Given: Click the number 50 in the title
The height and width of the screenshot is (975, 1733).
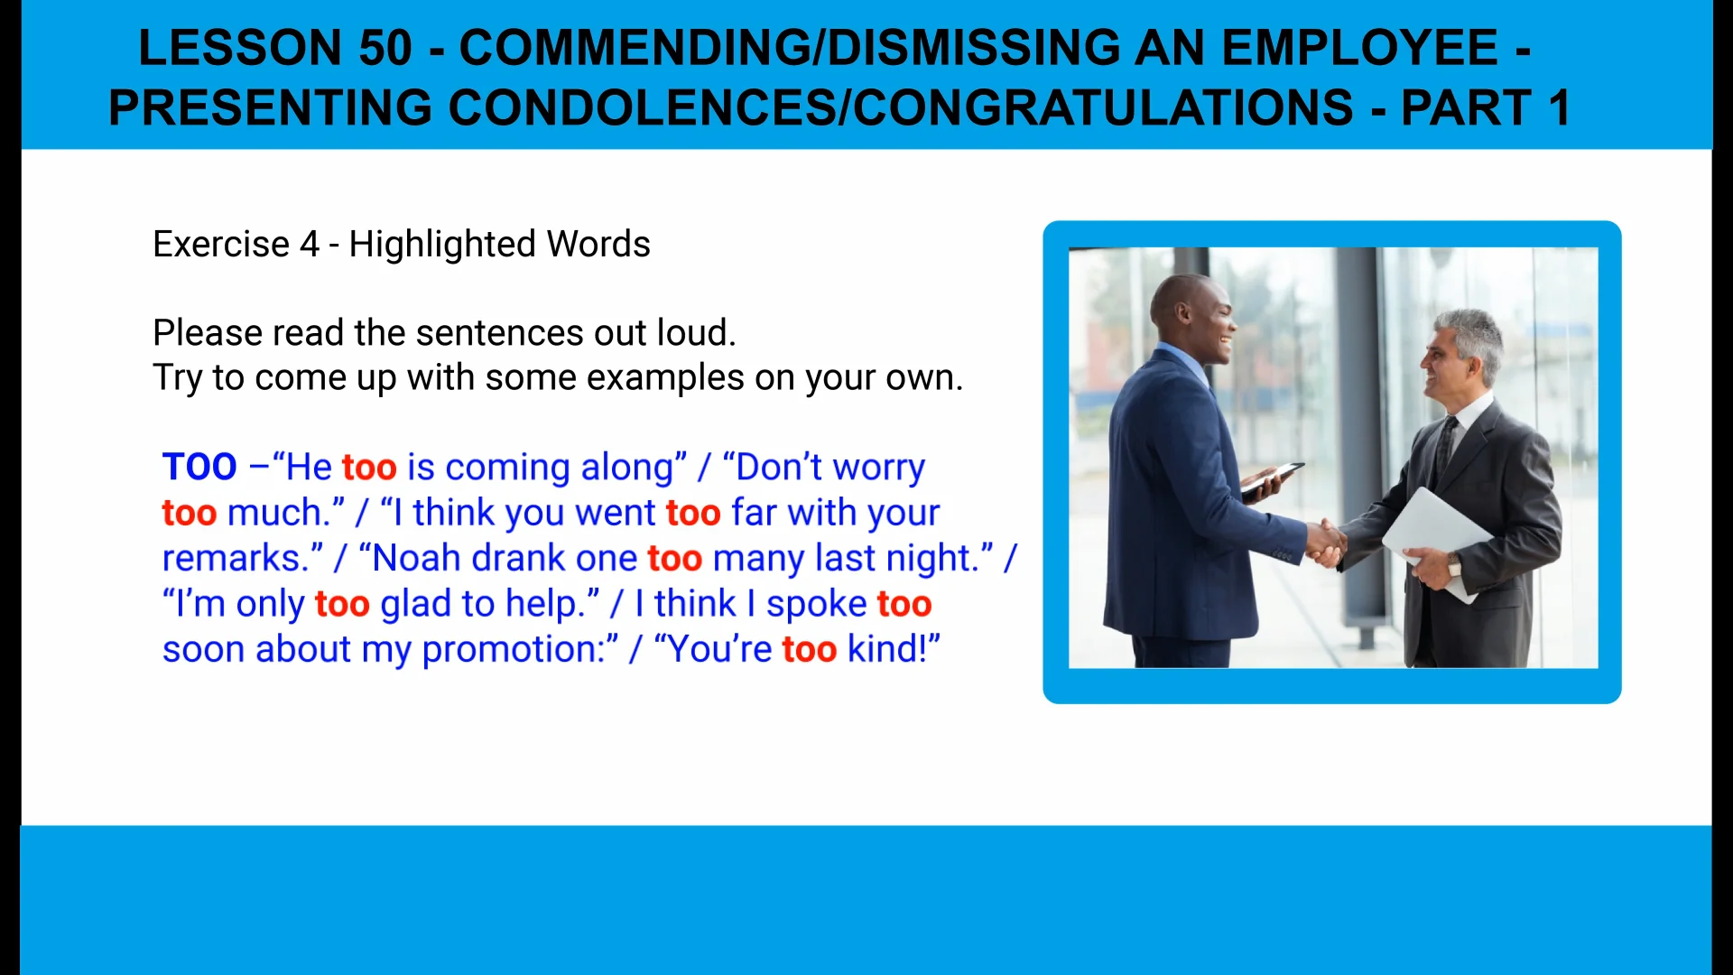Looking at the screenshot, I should coord(385,48).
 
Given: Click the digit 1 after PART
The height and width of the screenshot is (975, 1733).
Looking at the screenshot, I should coord(1559,108).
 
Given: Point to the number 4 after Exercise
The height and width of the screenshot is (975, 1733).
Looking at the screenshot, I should coord(310,245).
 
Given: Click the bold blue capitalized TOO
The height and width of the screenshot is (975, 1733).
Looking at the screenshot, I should coord(199,468).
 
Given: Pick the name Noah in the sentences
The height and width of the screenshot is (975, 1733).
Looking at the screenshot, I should coord(417,559).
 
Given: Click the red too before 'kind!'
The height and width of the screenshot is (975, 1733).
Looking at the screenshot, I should coord(809,650).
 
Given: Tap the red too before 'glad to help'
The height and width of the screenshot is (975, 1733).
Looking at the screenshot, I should coord(342,604).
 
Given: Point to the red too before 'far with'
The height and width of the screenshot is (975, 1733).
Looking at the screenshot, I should coord(693,514).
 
